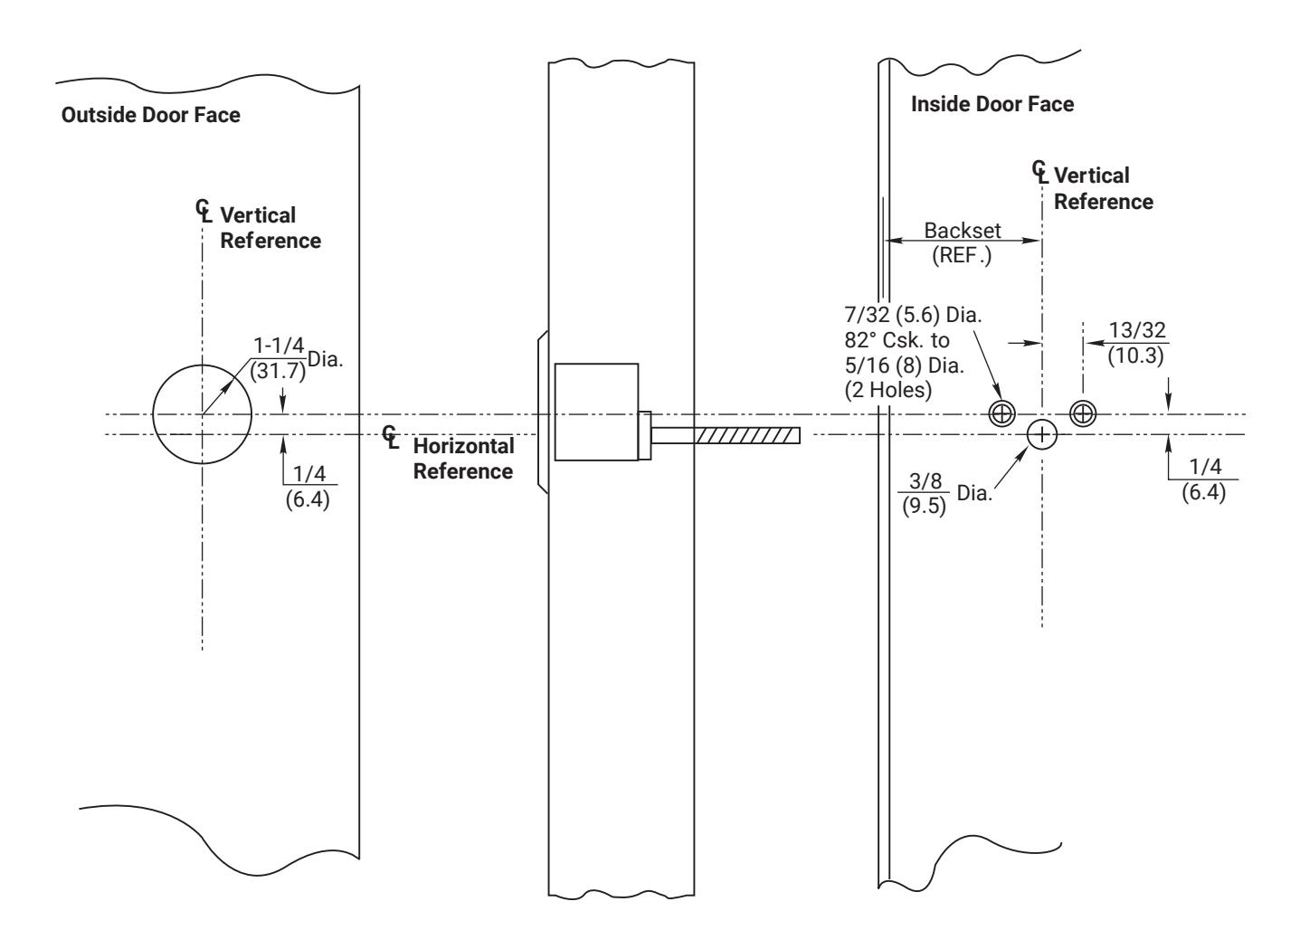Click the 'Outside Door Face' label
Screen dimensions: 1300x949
pos(150,115)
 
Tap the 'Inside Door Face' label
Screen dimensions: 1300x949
pos(992,104)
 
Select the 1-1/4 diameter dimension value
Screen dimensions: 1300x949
pos(279,346)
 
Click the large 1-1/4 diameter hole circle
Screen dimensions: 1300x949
pos(153,414)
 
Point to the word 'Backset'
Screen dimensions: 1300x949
pos(963,231)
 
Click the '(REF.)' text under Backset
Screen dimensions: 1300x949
pos(962,255)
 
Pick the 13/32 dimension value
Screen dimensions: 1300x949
pos(1137,330)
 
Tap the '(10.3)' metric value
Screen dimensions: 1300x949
pos(1135,356)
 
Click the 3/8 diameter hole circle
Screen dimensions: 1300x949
pos(1027,435)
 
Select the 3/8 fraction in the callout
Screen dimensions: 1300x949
pos(925,480)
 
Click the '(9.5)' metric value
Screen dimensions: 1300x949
pos(924,506)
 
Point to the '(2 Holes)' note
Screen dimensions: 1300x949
pos(888,390)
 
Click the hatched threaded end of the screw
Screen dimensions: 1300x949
pos(747,435)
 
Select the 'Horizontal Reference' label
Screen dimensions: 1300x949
pos(463,459)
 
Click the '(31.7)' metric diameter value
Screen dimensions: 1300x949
pos(278,371)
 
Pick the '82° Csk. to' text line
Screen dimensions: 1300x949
pos(897,340)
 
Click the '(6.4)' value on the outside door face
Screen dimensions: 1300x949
pos(308,499)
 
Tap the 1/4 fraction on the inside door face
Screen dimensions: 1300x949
pos(1205,466)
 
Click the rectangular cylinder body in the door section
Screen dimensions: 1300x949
pos(596,413)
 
